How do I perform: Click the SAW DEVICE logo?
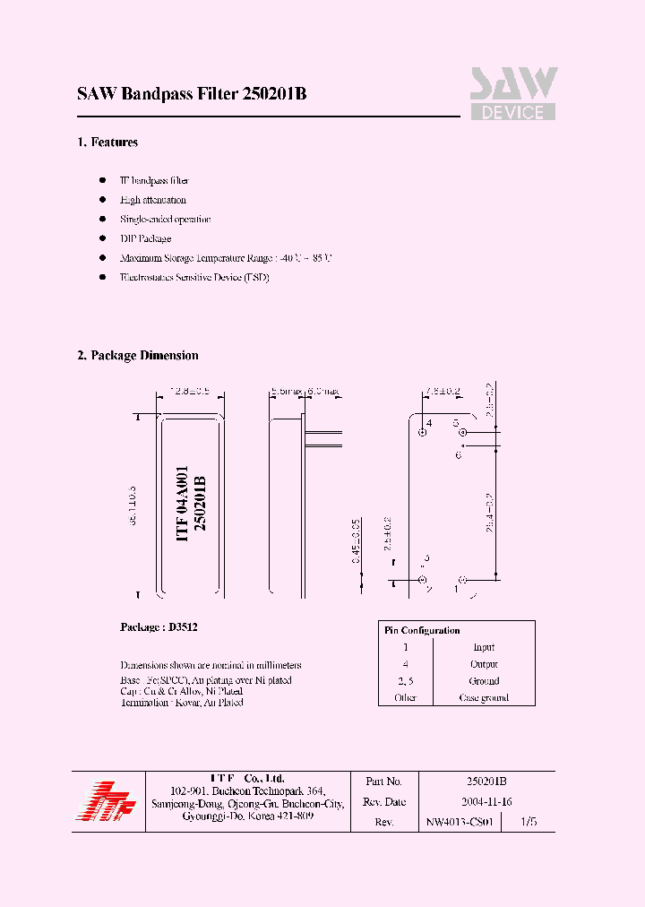click(x=513, y=94)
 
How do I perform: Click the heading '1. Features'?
click(x=107, y=143)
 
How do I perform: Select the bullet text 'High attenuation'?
click(x=153, y=200)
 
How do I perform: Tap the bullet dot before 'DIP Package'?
click(x=103, y=238)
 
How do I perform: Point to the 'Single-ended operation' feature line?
click(x=166, y=219)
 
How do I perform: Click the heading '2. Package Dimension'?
click(x=138, y=356)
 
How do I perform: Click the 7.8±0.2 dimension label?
click(x=443, y=392)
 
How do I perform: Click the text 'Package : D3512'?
click(x=159, y=627)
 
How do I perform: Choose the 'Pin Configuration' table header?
click(x=422, y=630)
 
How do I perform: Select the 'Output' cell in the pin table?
click(x=484, y=664)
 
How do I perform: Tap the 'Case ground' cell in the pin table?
click(x=484, y=697)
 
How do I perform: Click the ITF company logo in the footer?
click(x=105, y=799)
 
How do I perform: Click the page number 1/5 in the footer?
click(x=529, y=821)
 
